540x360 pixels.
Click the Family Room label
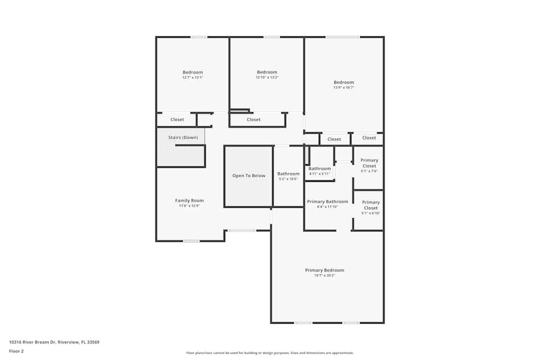pos(189,200)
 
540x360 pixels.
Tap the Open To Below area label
pos(249,175)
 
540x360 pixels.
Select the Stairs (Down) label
pos(183,138)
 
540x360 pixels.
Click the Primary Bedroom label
pos(325,270)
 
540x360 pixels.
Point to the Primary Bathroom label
pos(328,201)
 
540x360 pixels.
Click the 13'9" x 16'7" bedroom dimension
pos(343,87)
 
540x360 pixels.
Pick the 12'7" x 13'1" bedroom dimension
pos(193,78)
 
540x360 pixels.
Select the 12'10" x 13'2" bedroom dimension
pos(267,78)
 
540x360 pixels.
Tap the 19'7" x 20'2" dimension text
pos(325,276)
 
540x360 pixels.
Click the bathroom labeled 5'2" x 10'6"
pos(288,174)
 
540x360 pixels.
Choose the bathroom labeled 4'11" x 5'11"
pos(320,169)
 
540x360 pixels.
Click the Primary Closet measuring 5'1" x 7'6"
pos(369,163)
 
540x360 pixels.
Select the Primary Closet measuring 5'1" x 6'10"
pos(370,205)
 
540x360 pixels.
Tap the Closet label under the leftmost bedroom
pos(177,120)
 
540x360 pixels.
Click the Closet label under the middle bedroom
pos(253,120)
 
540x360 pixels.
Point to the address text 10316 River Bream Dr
pos(54,342)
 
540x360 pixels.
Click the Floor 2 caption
pos(16,351)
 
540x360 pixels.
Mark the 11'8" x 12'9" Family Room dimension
pos(189,206)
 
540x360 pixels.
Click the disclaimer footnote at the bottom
pos(269,353)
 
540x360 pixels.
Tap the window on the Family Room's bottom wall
pos(191,241)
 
